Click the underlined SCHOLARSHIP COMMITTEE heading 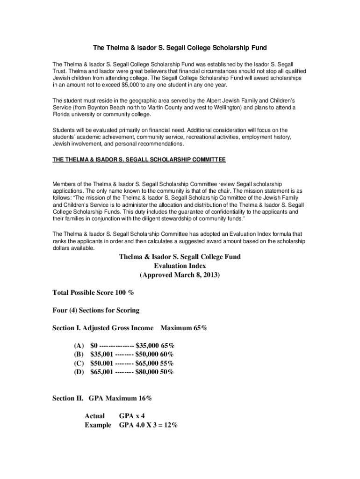(x=139, y=160)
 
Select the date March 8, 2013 (x=190, y=275)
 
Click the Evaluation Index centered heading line (x=180, y=266)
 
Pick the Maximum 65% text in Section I (x=184, y=328)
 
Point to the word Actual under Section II (x=94, y=416)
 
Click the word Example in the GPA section (x=98, y=425)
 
